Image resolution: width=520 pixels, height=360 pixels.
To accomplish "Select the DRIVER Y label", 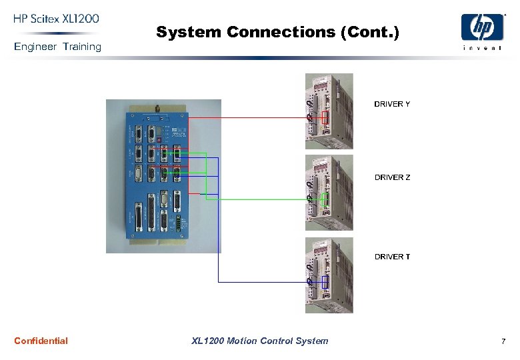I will (x=392, y=104).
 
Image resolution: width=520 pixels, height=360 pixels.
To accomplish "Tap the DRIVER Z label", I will (x=392, y=177).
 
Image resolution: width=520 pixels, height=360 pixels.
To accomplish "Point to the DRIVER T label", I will (x=392, y=257).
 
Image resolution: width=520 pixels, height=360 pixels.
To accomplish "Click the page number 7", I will (x=503, y=341).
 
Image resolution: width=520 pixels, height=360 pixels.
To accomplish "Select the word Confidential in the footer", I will (x=41, y=341).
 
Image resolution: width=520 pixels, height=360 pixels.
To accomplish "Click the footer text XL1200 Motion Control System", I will (x=259, y=341).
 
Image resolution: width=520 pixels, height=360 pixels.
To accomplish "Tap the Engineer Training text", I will (x=57, y=47).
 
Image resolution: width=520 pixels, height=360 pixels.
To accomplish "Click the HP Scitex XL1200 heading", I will (x=56, y=19).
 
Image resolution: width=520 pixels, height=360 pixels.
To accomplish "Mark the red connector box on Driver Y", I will (x=325, y=118).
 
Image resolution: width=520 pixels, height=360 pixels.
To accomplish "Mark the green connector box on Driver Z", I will (x=325, y=199).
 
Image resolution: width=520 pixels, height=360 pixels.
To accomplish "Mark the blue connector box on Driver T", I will (x=325, y=282).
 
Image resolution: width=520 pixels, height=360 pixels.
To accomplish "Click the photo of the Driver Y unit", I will (x=329, y=111).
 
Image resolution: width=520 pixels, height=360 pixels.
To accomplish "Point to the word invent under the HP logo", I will (x=482, y=47).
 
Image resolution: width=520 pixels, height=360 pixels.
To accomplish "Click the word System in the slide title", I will (x=189, y=32).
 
